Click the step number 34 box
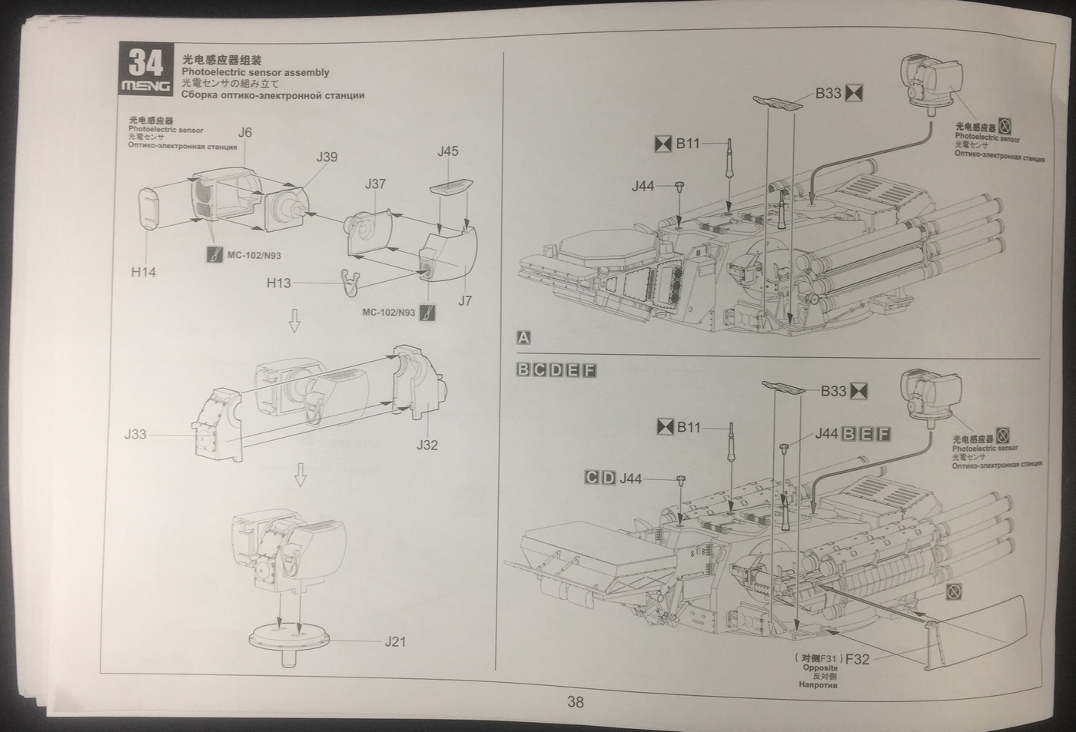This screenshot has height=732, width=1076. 145,61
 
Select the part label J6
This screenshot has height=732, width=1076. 244,132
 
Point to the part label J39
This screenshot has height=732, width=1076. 327,157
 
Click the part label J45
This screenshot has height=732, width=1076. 447,151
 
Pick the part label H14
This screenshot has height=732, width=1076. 143,271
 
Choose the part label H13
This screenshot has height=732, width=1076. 278,283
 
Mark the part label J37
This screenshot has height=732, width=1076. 375,184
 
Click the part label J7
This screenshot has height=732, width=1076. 464,300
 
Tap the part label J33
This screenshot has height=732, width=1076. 134,435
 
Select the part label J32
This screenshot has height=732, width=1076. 427,445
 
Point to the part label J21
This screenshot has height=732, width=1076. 395,641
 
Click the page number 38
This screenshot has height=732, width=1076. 575,701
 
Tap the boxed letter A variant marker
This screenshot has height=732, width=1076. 523,337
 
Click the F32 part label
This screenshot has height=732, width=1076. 856,658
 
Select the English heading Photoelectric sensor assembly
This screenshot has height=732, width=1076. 255,72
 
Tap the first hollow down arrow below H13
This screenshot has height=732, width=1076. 294,325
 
